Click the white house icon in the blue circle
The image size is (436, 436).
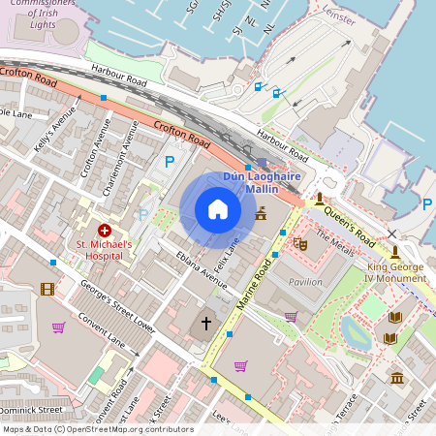coord(218,209)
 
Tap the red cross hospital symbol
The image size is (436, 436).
coord(104,233)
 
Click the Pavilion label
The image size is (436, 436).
coord(306,282)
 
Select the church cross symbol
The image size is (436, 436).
coord(205,323)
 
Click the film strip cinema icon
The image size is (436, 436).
coord(47,289)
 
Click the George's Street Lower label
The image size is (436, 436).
coord(117,301)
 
